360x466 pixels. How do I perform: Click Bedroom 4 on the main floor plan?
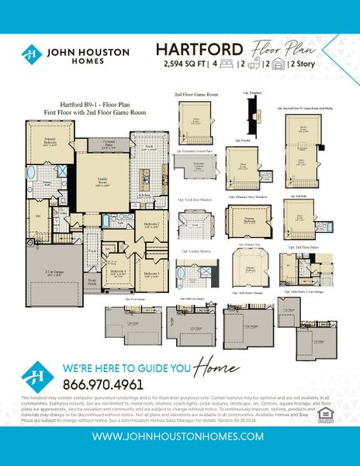tap(118, 273)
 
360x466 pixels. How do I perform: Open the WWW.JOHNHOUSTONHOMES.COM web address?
tap(180, 436)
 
